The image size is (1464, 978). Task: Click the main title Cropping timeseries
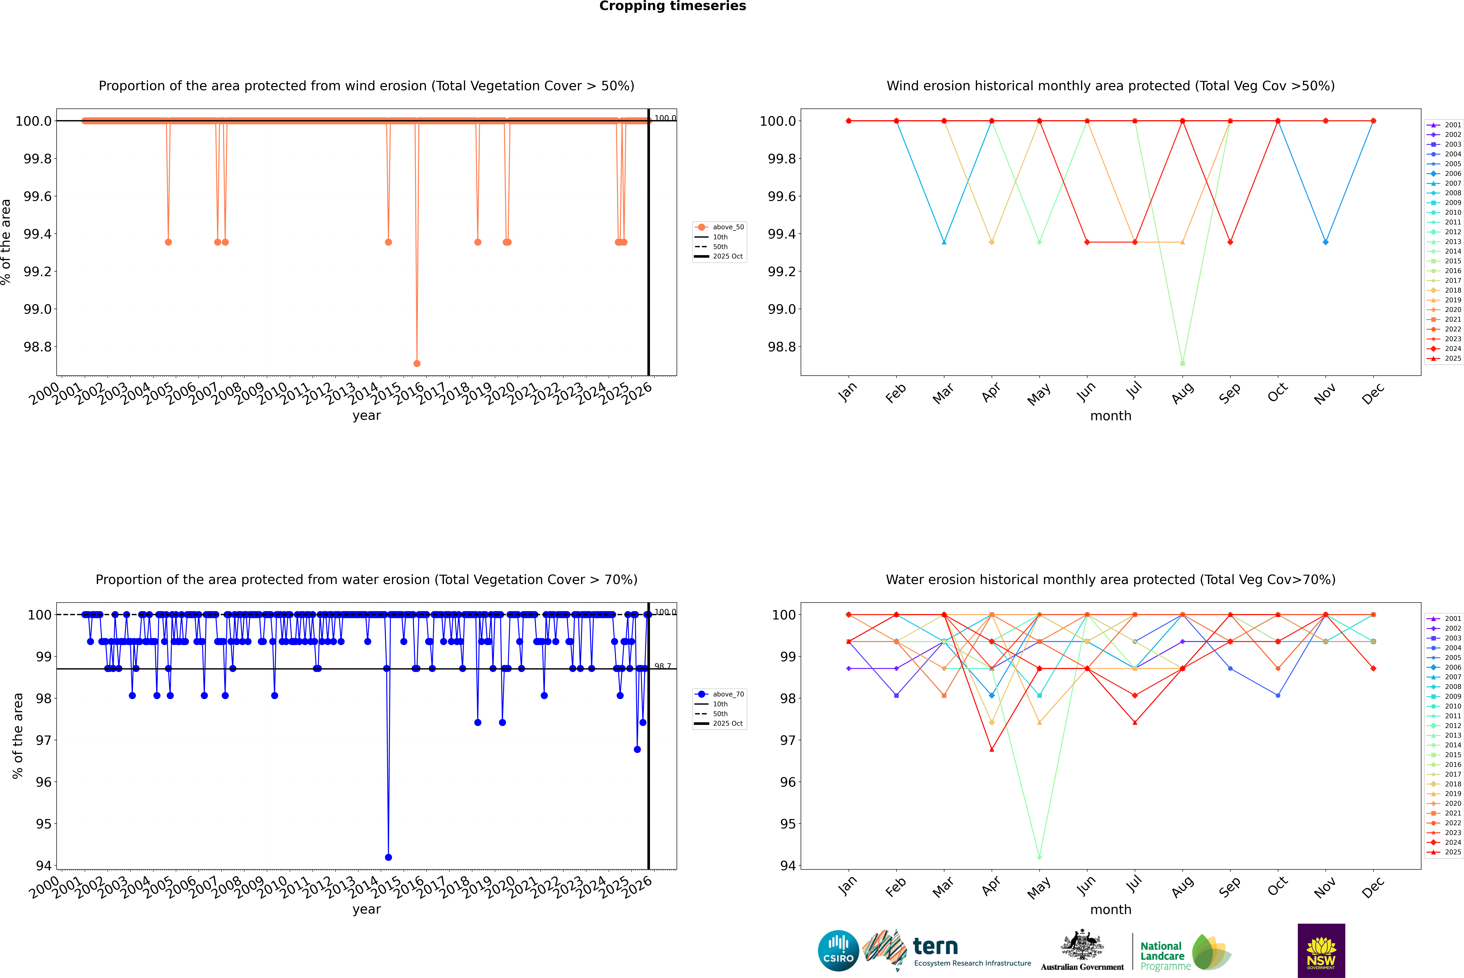click(672, 6)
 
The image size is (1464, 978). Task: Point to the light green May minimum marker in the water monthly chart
click(1039, 857)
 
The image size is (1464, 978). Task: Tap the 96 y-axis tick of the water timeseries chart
click(44, 782)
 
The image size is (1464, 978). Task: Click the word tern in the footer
click(935, 947)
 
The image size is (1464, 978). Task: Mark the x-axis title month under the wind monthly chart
click(1110, 416)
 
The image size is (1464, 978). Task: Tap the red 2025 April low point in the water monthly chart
click(992, 749)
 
